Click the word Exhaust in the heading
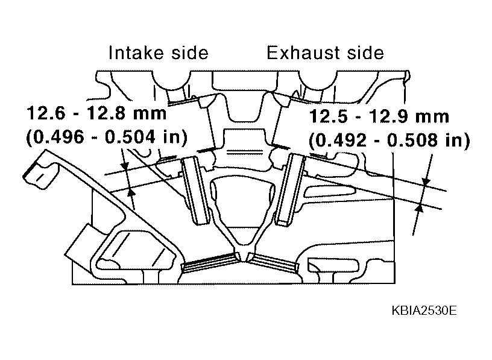(x=303, y=52)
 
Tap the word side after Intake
(x=190, y=52)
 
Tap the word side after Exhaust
(x=365, y=52)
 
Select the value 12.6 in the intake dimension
(x=46, y=113)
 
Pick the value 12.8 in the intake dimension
(x=106, y=113)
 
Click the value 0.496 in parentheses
(x=58, y=137)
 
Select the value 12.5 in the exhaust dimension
(x=329, y=116)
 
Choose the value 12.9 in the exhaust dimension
(x=388, y=116)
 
